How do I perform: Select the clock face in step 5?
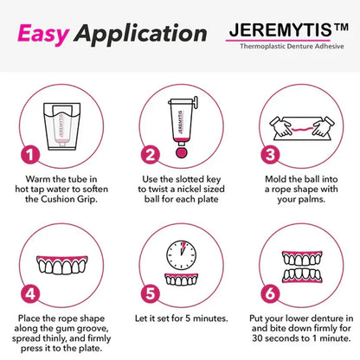click(178, 253)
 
